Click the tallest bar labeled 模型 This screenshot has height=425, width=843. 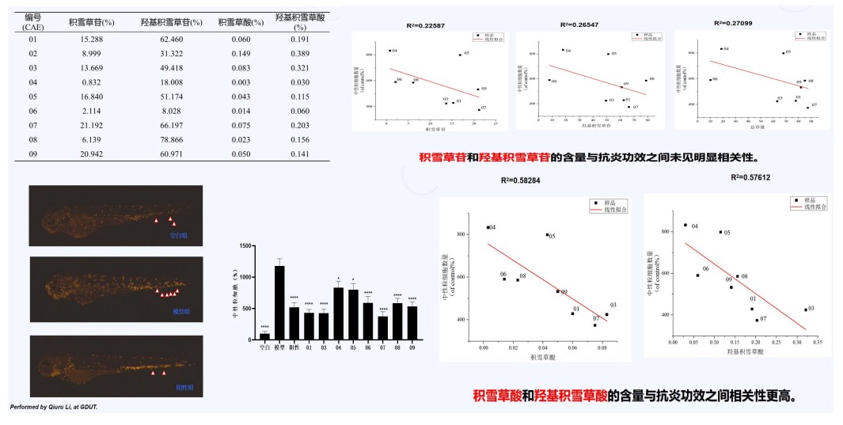(279, 303)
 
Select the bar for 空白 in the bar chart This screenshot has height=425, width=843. (264, 336)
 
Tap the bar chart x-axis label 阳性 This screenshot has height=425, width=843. (294, 347)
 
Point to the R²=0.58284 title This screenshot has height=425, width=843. (521, 180)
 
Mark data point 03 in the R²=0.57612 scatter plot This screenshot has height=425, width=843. (805, 309)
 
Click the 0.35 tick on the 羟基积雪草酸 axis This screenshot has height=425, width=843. (816, 343)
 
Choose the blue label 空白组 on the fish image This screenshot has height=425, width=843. (177, 235)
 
